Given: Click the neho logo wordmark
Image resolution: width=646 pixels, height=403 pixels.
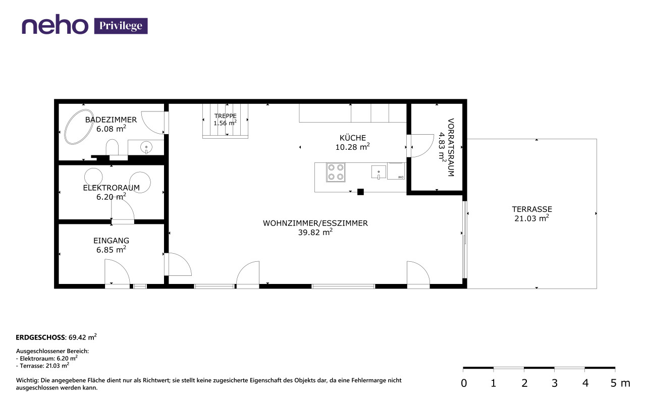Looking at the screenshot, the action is (x=55, y=24).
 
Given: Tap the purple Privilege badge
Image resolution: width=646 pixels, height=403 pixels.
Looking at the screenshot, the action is (x=121, y=26).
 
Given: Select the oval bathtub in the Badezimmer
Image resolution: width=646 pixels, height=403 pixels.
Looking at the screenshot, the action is (x=78, y=127).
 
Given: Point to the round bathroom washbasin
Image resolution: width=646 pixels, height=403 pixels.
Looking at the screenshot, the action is (x=146, y=147).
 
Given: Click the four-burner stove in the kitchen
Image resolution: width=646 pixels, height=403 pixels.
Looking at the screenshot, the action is (x=336, y=172).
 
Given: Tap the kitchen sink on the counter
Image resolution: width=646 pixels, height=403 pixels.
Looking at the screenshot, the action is (x=379, y=172).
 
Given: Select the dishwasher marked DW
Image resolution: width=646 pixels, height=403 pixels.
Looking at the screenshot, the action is (x=396, y=171).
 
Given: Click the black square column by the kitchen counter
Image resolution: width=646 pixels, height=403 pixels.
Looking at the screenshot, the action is (x=360, y=192).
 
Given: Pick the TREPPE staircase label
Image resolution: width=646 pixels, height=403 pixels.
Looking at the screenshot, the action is (x=225, y=116).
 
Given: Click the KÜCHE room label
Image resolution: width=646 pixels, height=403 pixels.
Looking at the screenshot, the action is (x=352, y=138).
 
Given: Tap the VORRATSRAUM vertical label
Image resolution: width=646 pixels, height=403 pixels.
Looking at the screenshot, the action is (x=451, y=147).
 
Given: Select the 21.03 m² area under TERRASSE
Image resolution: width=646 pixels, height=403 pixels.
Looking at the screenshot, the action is (x=531, y=218).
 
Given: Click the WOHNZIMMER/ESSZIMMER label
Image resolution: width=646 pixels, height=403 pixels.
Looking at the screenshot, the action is (x=315, y=223).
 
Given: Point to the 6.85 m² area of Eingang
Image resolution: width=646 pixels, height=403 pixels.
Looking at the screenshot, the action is (x=111, y=250).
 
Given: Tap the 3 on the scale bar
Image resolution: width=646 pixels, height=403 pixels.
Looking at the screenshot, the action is (x=554, y=383).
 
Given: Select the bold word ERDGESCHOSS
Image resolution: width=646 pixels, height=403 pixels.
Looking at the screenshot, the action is (x=40, y=337).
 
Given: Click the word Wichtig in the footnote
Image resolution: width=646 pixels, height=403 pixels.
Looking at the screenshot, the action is (x=27, y=380).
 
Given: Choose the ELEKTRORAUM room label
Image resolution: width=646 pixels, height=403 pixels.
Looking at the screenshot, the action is (x=112, y=188).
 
